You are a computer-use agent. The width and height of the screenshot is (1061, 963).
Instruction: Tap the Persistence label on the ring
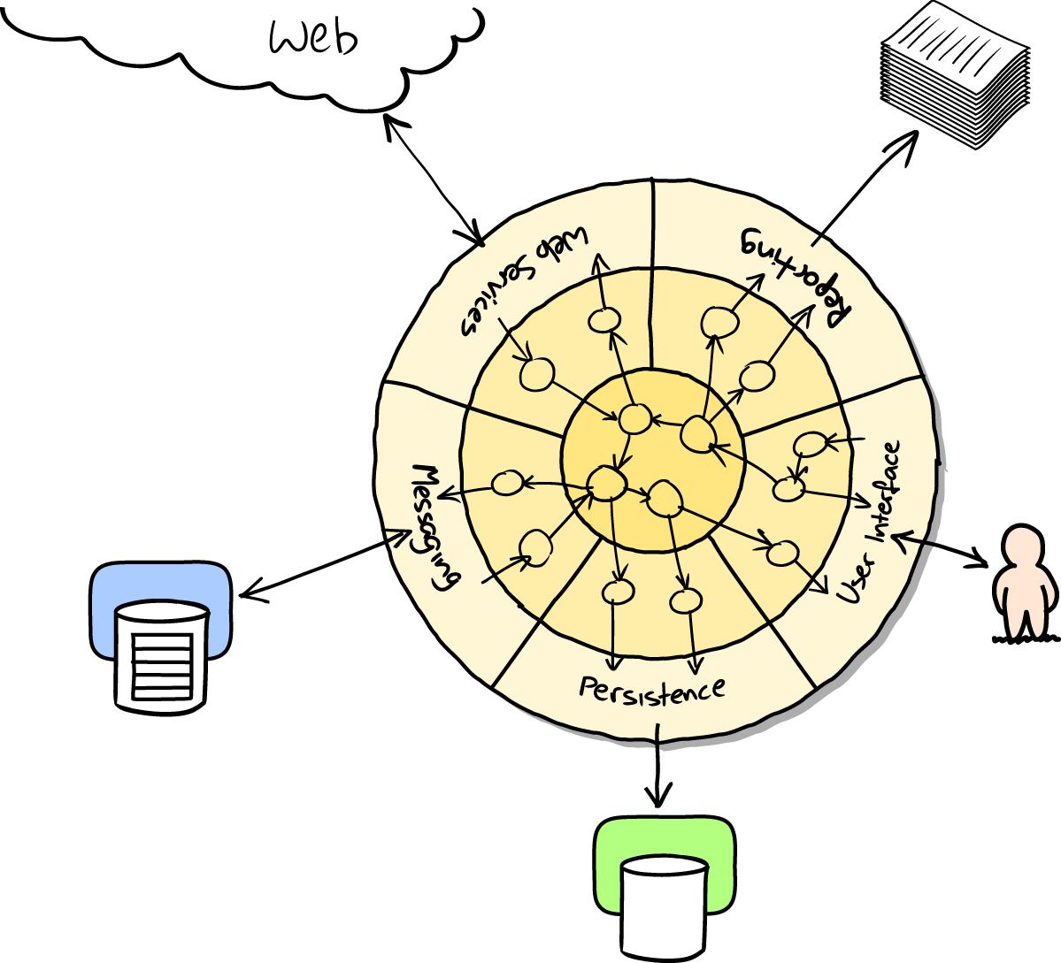(652, 689)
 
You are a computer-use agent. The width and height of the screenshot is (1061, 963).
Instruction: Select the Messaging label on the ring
(435, 527)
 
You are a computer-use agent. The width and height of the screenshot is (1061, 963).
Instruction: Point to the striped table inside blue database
(161, 663)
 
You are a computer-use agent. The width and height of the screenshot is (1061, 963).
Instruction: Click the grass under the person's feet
(1025, 638)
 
